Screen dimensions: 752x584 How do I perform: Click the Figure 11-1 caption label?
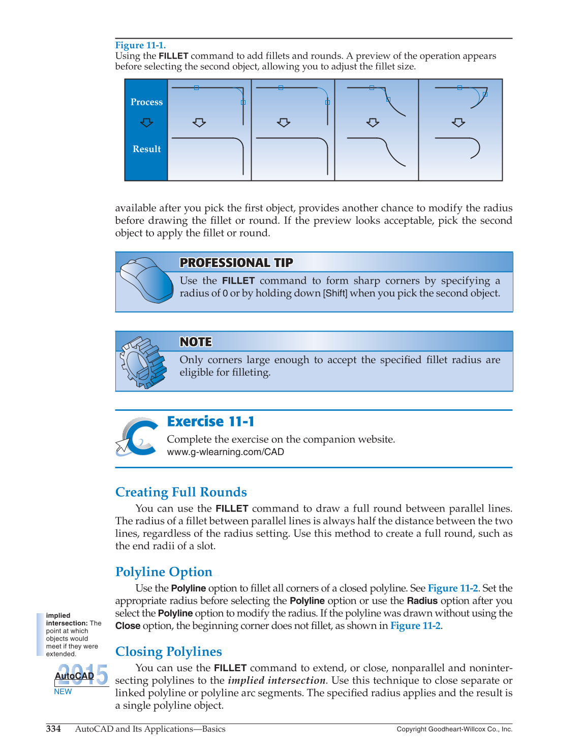[x=140, y=45]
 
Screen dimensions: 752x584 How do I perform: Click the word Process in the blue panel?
[x=146, y=102]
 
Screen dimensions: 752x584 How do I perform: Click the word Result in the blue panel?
[x=146, y=149]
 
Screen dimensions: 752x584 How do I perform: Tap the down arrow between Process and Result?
[x=146, y=123]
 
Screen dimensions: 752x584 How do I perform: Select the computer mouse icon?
[x=146, y=280]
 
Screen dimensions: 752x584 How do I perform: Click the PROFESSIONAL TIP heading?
[x=236, y=263]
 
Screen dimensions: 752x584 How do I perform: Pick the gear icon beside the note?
[x=143, y=362]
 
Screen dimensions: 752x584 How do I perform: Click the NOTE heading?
[x=196, y=342]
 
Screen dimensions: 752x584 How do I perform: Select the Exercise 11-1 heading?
[x=210, y=422]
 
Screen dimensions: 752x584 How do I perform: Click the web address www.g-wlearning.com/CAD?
[x=225, y=452]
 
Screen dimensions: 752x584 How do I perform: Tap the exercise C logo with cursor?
[x=137, y=437]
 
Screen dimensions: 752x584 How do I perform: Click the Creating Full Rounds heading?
[x=181, y=492]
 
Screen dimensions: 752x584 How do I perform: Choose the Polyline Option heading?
[x=164, y=572]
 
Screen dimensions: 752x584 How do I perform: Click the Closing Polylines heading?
[x=168, y=652]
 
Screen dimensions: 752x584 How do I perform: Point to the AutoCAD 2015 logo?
[x=81, y=675]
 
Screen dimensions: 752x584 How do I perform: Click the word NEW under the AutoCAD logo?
[x=63, y=691]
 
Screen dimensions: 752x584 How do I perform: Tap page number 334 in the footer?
[x=53, y=729]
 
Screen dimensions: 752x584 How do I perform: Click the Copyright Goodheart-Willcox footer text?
[x=454, y=729]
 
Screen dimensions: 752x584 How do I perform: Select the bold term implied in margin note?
[x=58, y=616]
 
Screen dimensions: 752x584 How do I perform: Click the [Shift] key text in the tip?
[x=335, y=293]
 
